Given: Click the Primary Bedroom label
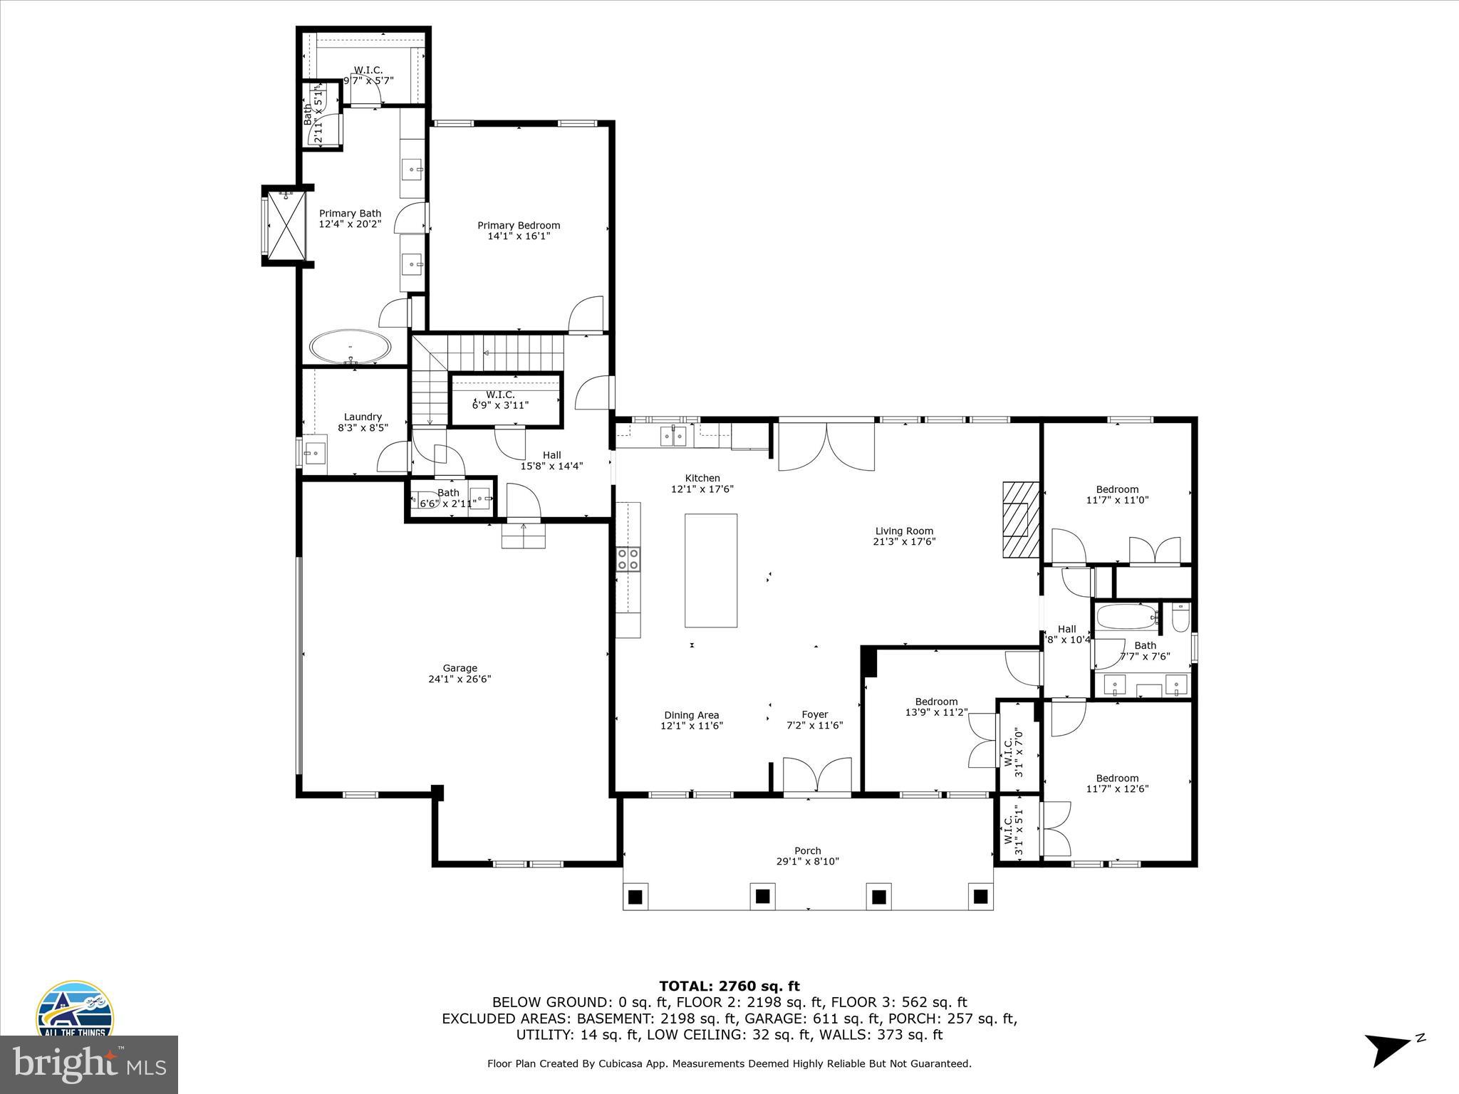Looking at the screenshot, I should pos(519,226).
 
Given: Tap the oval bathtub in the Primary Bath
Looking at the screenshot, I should pos(350,348).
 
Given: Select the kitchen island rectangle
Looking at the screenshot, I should pos(710,570).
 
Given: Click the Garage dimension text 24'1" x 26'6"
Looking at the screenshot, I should pos(459,679).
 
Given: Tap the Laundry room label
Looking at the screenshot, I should pos(363,417).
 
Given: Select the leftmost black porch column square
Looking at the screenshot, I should pos(635,896).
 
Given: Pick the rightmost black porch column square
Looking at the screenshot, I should pos(981,896).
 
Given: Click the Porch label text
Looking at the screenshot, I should pos(808,850).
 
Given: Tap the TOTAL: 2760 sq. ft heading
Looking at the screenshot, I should pos(729,986).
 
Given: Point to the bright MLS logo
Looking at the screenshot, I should pos(89,1064).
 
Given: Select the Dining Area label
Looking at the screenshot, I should pos(691,715).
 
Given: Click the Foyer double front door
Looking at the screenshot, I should pos(817,775).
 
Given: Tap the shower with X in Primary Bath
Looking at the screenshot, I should pos(286,225).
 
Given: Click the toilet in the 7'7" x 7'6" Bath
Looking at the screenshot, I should pos(1180,618).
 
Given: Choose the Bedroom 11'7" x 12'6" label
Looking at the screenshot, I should pos(1117,778).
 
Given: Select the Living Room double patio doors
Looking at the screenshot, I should pos(826,447).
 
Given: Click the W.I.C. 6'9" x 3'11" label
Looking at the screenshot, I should pos(500,395).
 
